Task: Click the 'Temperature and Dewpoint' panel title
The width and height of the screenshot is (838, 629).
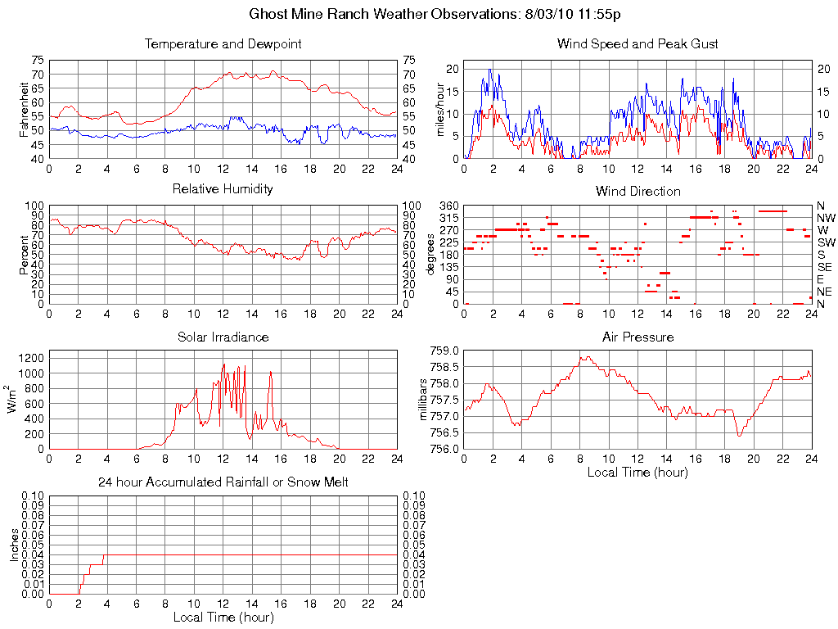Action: tap(223, 44)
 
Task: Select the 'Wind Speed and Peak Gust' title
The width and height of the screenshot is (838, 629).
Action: tap(638, 44)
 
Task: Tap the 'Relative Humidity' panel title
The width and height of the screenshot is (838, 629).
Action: tap(223, 190)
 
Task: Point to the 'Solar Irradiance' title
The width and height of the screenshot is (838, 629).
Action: tap(223, 337)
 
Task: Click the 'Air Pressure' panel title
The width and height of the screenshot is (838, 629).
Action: tap(638, 337)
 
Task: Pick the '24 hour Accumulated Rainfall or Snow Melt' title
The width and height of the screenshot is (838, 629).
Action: tap(223, 483)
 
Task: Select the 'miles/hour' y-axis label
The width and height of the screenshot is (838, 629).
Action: tap(439, 109)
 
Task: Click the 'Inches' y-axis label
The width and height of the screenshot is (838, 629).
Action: tap(14, 545)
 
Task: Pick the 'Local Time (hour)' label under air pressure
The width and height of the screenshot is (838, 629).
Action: tap(638, 472)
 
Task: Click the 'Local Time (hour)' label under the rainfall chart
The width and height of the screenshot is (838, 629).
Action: tap(223, 618)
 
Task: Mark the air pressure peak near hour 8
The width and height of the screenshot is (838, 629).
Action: tap(586, 356)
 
